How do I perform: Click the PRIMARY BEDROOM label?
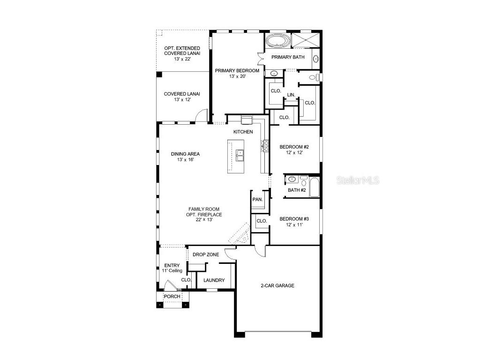pyautogui.click(x=237, y=70)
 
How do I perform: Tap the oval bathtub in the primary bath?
pyautogui.click(x=278, y=41)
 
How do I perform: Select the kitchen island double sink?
pyautogui.click(x=240, y=154)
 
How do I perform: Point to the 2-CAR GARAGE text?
pyautogui.click(x=277, y=285)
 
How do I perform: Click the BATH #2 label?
pyautogui.click(x=297, y=190)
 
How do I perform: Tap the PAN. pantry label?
pyautogui.click(x=257, y=199)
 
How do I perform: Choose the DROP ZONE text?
pyautogui.click(x=206, y=255)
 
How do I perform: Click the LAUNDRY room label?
pyautogui.click(x=214, y=280)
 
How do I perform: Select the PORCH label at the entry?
pyautogui.click(x=172, y=297)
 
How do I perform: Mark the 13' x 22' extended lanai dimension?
pyautogui.click(x=182, y=60)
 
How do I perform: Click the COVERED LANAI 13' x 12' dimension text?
pyautogui.click(x=182, y=99)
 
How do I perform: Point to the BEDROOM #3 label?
pyautogui.click(x=294, y=219)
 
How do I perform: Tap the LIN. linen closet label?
pyautogui.click(x=291, y=95)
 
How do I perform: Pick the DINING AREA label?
pyautogui.click(x=185, y=154)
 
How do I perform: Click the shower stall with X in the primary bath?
pyautogui.click(x=306, y=40)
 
